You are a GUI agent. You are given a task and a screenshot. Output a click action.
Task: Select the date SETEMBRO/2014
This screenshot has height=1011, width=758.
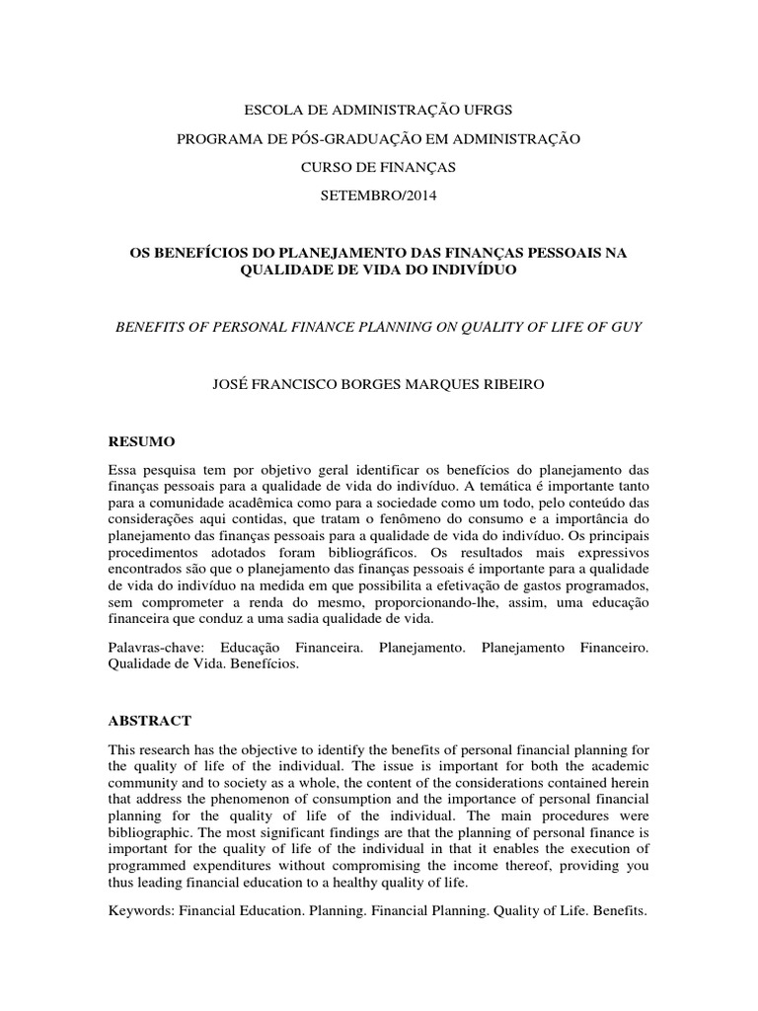378,195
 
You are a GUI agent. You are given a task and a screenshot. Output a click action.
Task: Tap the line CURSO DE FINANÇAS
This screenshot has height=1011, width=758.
378,167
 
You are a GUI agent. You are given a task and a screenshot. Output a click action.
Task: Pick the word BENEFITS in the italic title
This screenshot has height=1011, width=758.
153,326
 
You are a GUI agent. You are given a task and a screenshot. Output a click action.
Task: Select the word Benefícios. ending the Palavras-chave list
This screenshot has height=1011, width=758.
264,664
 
